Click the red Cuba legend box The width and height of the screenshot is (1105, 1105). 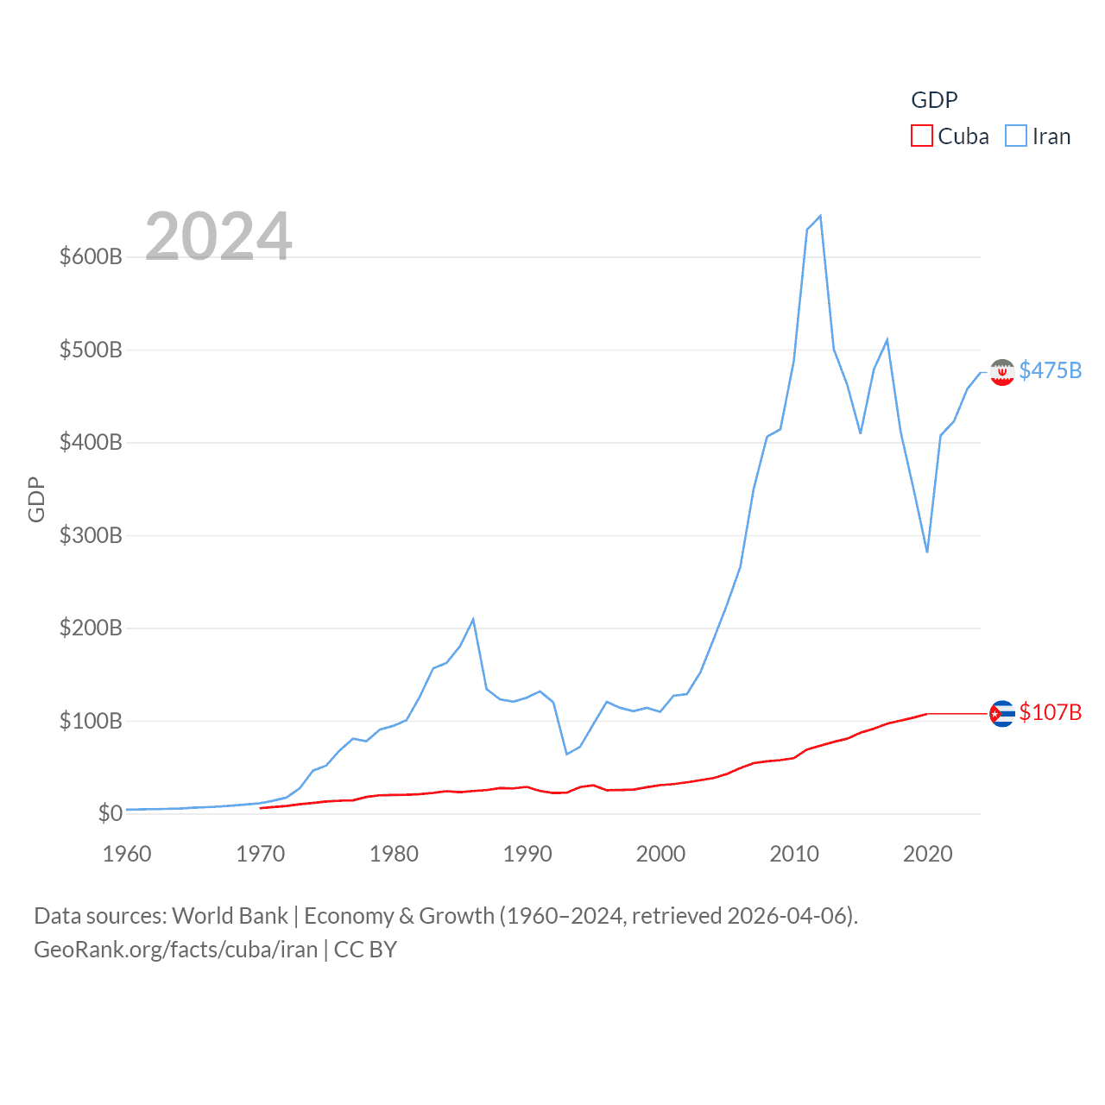[x=922, y=136]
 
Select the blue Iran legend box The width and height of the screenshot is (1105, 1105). [x=1016, y=136]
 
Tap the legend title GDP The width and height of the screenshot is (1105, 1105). [x=934, y=100]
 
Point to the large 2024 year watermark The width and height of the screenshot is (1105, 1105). [x=218, y=237]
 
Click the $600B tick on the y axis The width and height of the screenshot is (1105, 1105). [x=91, y=257]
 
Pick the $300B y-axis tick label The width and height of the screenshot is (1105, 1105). [x=91, y=535]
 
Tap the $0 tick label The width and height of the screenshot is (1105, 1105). [x=110, y=813]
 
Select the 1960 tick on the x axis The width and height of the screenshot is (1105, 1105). [x=127, y=854]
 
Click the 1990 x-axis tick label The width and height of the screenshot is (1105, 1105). [x=527, y=854]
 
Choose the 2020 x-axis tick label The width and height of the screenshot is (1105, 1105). [x=928, y=854]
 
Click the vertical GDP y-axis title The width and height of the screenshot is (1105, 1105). [x=36, y=499]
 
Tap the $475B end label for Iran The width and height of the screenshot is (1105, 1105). [x=1050, y=370]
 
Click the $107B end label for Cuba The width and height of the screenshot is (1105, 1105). [x=1050, y=712]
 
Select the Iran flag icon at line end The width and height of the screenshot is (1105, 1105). [x=1001, y=372]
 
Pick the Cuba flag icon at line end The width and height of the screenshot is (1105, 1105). [x=1001, y=714]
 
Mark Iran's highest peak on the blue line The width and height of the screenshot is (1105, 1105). [x=820, y=216]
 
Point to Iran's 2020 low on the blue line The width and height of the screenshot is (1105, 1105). [x=927, y=552]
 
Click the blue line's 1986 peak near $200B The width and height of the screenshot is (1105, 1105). [x=473, y=619]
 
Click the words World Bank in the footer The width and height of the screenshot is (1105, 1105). [x=230, y=915]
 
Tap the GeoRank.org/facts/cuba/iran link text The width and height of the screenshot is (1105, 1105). [x=176, y=950]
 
